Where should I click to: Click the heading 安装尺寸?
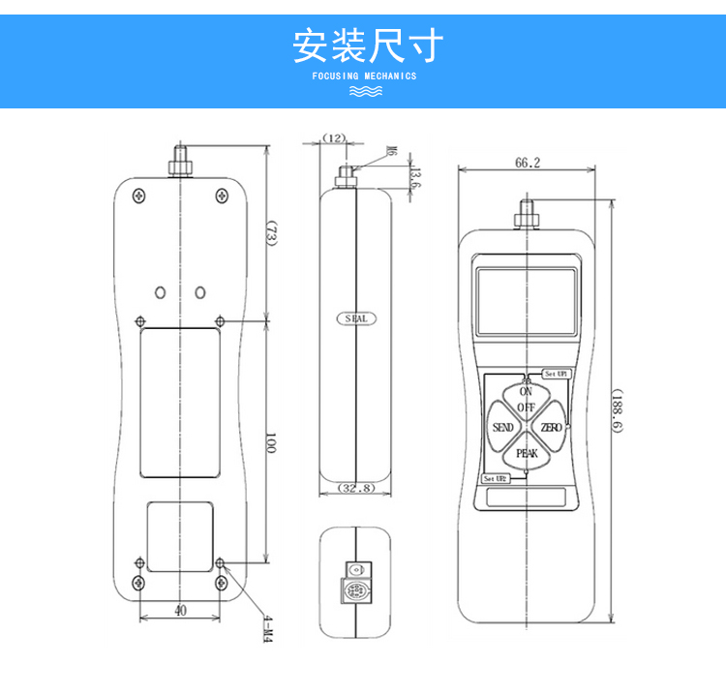click(368, 45)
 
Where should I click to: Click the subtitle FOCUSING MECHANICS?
click(365, 76)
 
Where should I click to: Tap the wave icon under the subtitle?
click(365, 91)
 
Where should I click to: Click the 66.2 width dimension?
click(528, 164)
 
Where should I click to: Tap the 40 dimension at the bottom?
click(180, 610)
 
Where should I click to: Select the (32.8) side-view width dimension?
click(357, 489)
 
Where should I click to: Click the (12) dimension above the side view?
click(334, 138)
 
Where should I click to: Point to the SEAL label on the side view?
click(356, 318)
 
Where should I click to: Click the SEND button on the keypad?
click(503, 428)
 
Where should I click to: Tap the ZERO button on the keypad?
click(551, 428)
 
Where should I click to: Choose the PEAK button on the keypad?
click(527, 453)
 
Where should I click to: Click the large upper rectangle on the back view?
click(180, 403)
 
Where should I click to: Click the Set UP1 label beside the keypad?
click(555, 373)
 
